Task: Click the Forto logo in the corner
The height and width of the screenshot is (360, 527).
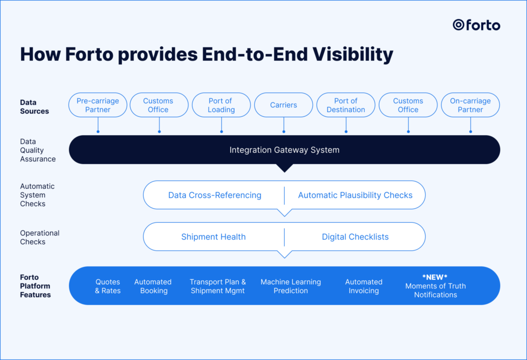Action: [476, 25]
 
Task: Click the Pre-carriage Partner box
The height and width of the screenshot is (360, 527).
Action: [97, 105]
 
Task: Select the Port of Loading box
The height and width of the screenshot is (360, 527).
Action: [221, 105]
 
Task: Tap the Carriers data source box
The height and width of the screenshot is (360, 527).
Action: [284, 105]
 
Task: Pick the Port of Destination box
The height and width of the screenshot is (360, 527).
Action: [346, 105]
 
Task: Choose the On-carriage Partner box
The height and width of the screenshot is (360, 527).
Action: [470, 105]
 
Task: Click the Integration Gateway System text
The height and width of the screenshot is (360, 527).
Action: [284, 150]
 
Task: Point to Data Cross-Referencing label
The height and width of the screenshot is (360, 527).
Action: [215, 195]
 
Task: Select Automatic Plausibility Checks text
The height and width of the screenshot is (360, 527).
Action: [355, 195]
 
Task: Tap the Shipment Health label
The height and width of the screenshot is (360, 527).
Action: [213, 237]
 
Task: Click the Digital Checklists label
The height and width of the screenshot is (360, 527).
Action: [355, 237]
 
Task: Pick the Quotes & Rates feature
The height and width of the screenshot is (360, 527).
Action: [108, 286]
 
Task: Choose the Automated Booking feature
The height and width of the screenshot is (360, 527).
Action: [153, 286]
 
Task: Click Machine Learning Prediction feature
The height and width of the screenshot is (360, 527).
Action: [291, 286]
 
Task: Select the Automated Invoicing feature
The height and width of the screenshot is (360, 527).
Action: [364, 286]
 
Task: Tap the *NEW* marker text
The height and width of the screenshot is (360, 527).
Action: [435, 277]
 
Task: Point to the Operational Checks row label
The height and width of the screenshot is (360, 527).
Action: [40, 237]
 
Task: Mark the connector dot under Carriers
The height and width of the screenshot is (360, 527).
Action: [284, 132]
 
